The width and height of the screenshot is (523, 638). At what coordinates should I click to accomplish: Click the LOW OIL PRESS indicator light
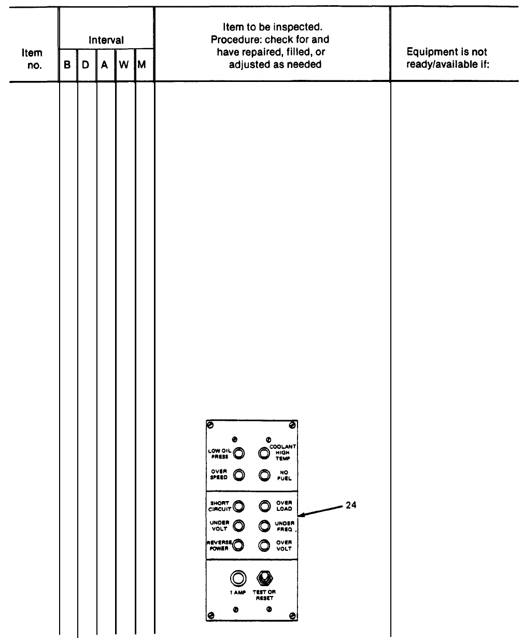(238, 453)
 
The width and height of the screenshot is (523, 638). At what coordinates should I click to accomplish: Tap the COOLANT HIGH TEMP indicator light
(264, 453)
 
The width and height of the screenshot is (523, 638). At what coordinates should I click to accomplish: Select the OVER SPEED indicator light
(238, 475)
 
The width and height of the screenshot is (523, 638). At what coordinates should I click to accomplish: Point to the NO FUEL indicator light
(264, 475)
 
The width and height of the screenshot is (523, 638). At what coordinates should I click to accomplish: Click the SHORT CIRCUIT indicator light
(238, 506)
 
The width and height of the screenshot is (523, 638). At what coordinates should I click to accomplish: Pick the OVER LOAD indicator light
(264, 506)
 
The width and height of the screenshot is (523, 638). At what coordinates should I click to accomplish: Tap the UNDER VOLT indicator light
(238, 526)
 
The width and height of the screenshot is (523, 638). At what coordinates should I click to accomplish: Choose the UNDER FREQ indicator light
(264, 526)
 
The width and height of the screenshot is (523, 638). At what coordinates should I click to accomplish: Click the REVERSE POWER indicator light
(238, 545)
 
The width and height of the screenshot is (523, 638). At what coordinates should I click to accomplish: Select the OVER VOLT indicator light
(264, 545)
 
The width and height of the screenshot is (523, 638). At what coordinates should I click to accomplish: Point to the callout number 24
(351, 505)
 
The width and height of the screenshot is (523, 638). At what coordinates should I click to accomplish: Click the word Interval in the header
(107, 40)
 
